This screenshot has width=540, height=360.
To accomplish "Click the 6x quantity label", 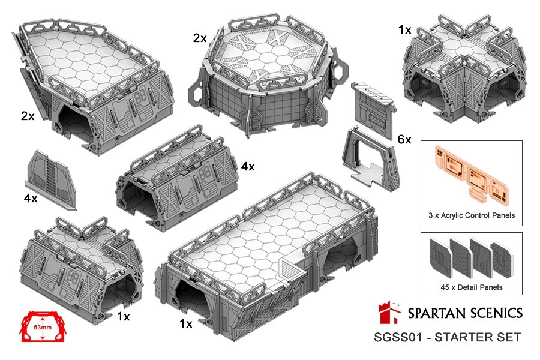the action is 404,139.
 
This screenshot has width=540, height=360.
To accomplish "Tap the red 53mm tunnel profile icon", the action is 43,326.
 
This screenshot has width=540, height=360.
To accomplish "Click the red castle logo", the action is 389,313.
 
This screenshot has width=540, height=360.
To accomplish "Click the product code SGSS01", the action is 398,337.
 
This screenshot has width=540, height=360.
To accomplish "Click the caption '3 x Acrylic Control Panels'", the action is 472,215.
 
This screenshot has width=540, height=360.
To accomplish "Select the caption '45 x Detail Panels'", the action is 472,287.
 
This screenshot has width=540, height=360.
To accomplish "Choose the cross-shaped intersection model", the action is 465,65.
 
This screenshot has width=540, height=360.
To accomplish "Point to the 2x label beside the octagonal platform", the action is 200,38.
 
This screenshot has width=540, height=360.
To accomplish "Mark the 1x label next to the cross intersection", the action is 405,30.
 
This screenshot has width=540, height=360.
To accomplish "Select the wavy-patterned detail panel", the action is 461,259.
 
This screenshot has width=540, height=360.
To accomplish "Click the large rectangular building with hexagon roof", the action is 267,255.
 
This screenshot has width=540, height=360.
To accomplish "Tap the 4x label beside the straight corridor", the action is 248,167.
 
